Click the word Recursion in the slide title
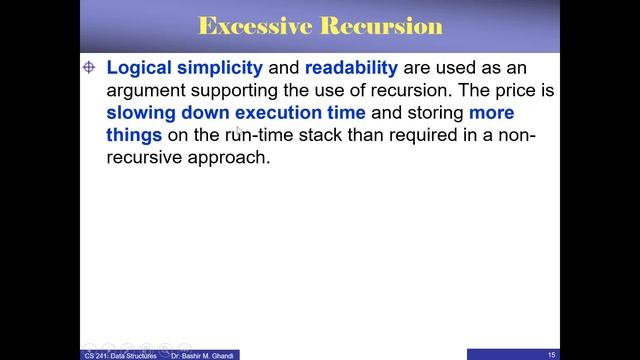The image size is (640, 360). point(380,25)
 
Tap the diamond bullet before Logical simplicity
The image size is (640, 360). point(88,67)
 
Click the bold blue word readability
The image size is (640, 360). point(351,68)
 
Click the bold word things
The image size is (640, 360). point(134,135)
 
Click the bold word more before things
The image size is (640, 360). point(491,113)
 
